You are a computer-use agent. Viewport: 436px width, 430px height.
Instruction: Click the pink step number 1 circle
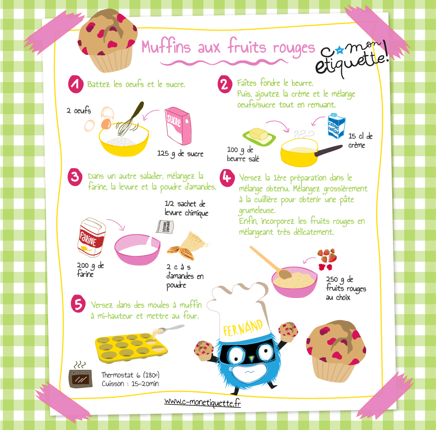[x=76, y=84]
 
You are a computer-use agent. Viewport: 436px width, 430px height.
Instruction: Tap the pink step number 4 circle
[x=227, y=178]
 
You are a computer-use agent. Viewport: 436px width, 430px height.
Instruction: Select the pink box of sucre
[x=178, y=126]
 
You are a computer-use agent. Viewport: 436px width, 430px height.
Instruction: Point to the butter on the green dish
[x=258, y=134]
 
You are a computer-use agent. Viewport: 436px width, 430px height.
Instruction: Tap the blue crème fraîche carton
[x=336, y=125]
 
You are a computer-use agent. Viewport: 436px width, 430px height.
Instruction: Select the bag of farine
[x=92, y=237]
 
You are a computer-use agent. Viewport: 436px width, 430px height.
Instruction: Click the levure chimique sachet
[x=165, y=226]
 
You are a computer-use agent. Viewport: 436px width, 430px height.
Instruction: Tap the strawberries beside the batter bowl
[x=327, y=259]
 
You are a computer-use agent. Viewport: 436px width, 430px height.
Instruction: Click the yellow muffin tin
[x=131, y=347]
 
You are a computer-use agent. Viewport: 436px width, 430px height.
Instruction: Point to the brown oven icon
[x=80, y=378]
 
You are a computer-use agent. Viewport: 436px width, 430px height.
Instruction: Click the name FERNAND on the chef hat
[x=243, y=328]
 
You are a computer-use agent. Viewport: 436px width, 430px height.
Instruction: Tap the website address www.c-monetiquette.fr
[x=202, y=402]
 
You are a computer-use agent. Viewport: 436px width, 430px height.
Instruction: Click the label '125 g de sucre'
[x=180, y=154]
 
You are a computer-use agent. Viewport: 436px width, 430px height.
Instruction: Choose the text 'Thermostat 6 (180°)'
[x=130, y=375]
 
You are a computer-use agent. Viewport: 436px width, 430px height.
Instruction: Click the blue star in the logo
[x=339, y=50]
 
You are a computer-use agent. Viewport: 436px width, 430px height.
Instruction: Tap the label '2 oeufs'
[x=79, y=111]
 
